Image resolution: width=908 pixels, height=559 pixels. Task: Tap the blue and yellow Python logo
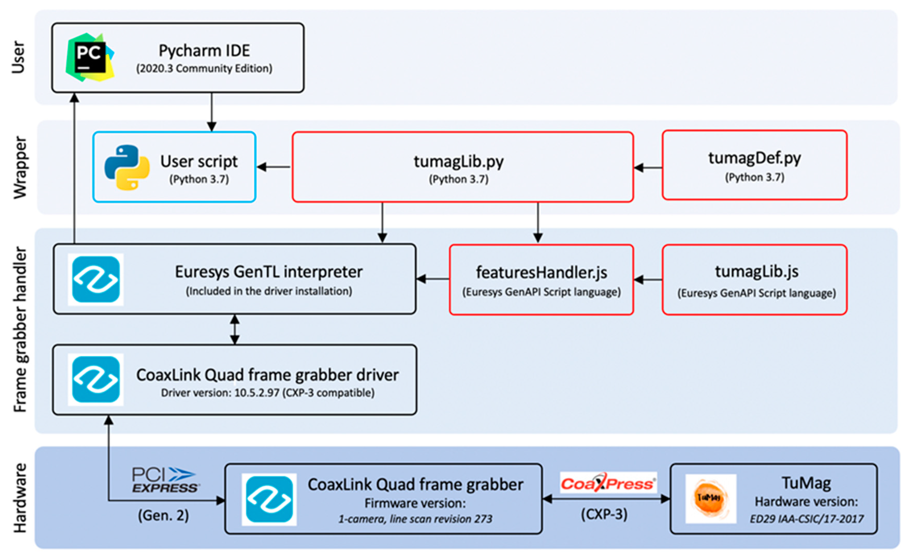tap(127, 167)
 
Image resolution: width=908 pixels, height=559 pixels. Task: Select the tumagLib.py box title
tap(458, 161)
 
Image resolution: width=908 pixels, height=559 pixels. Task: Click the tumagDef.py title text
tap(754, 158)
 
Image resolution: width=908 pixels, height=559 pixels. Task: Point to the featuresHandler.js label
tap(541, 273)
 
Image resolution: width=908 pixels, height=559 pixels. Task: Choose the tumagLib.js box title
tap(756, 271)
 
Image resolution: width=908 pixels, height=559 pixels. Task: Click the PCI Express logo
tap(165, 480)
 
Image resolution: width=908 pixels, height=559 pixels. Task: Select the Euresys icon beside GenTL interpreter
tap(96, 279)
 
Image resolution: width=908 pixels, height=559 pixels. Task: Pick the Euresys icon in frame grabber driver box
tap(96, 379)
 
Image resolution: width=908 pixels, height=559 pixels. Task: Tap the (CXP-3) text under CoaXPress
tap(604, 514)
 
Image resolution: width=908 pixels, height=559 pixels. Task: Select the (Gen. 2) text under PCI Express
tap(163, 515)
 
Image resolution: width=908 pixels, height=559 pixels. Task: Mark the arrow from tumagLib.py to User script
tap(274, 167)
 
